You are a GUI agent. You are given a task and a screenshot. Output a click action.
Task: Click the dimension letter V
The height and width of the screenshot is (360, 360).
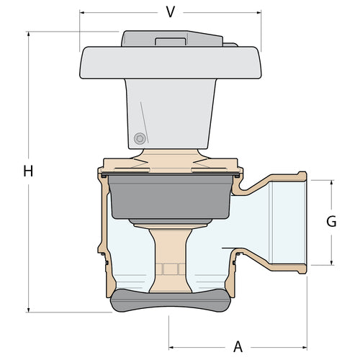[x=171, y=12]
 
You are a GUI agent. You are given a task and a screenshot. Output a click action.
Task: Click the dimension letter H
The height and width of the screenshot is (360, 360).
[x=28, y=171]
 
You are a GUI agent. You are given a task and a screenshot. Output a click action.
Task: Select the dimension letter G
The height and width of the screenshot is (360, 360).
[x=331, y=221]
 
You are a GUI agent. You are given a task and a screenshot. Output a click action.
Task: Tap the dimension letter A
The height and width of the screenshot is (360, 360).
[x=238, y=347]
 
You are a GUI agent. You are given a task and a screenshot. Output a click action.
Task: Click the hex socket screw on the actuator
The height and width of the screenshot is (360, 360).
[x=140, y=138]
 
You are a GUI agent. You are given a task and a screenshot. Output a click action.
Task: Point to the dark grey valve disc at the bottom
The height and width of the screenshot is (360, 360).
[x=171, y=300]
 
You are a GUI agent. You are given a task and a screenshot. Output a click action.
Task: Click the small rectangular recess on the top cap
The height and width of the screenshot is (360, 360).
[x=171, y=42]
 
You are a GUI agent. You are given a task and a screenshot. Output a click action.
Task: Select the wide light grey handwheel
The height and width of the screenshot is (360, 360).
[x=171, y=63]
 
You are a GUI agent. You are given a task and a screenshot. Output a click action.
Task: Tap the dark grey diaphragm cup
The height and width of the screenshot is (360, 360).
[x=171, y=197]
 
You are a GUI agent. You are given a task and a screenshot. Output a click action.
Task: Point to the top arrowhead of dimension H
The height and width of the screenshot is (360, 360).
[x=29, y=34]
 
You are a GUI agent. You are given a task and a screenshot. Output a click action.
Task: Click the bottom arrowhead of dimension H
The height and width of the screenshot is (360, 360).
[x=29, y=310]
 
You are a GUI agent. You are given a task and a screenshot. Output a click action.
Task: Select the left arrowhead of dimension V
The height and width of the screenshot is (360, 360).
[x=82, y=12]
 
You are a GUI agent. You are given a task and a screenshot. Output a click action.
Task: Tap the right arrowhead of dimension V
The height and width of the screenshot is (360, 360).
[x=258, y=12]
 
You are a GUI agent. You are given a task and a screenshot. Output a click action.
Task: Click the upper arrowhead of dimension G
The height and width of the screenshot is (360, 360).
[x=332, y=183]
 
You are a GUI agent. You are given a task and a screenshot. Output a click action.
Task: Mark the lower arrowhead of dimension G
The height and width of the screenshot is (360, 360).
[x=332, y=263]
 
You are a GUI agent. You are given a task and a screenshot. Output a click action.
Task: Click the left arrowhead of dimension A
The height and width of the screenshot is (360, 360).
[x=171, y=347]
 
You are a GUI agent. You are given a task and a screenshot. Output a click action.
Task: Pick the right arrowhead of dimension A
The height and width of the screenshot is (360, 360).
[x=305, y=347]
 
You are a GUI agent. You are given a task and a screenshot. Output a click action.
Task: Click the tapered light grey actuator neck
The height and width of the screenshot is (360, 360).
[x=171, y=114]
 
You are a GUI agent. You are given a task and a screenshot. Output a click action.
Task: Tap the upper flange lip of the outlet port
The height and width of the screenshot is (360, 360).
[x=302, y=176]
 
